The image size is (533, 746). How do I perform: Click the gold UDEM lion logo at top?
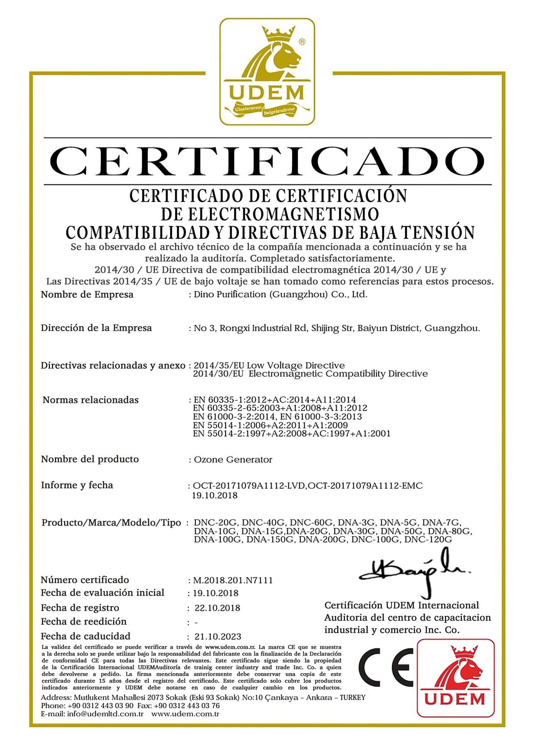click(267, 71)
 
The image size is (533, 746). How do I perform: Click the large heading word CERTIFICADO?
click(267, 161)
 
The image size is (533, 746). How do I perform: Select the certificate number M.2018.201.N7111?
click(233, 580)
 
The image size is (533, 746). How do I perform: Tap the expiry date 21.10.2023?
click(218, 636)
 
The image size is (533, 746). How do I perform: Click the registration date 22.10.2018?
click(217, 608)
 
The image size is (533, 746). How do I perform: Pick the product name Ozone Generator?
click(233, 460)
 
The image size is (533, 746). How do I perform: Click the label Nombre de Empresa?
click(87, 295)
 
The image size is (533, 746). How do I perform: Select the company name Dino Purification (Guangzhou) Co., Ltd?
click(280, 295)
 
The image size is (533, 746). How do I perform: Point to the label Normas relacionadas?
click(90, 400)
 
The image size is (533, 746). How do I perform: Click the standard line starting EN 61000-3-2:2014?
click(277, 417)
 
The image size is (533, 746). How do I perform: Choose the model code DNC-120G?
click(428, 540)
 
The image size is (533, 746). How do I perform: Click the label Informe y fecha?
click(77, 485)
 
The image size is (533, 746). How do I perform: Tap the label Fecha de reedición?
click(83, 621)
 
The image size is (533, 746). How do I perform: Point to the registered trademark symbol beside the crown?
click(302, 41)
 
